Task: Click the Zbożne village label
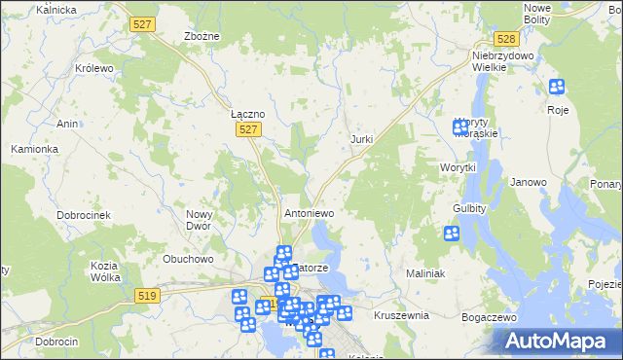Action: pyautogui.click(x=202, y=36)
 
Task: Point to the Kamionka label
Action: pyautogui.click(x=35, y=149)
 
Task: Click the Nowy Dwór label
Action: pyautogui.click(x=200, y=220)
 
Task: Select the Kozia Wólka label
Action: pyautogui.click(x=104, y=271)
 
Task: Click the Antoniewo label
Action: pyautogui.click(x=309, y=212)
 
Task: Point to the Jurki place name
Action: pyautogui.click(x=362, y=140)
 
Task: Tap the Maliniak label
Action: pyautogui.click(x=425, y=273)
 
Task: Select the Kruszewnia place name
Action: pyautogui.click(x=401, y=315)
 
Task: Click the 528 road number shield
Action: pyautogui.click(x=504, y=39)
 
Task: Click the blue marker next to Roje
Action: pyautogui.click(x=557, y=88)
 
